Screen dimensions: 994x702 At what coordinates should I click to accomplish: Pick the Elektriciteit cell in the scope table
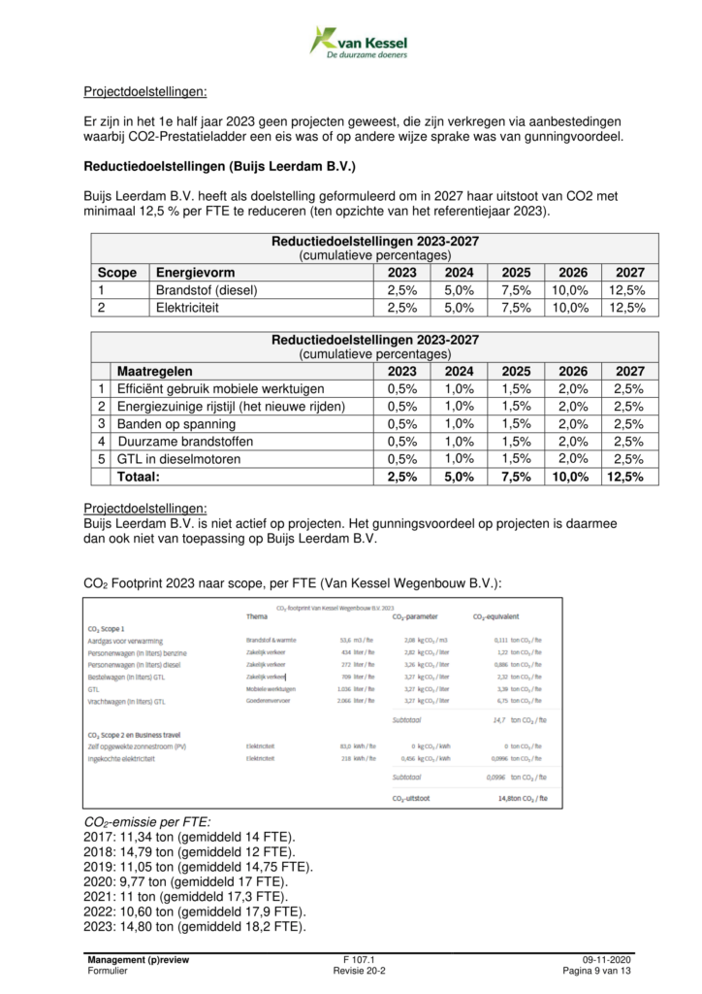(190, 308)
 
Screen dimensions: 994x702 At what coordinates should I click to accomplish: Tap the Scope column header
(118, 273)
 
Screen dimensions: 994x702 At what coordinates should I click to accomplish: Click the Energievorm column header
(195, 273)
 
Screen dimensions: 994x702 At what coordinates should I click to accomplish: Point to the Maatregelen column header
(154, 371)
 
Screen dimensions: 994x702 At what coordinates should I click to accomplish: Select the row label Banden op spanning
(175, 424)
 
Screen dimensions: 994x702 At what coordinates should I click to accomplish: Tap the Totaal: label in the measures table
(139, 477)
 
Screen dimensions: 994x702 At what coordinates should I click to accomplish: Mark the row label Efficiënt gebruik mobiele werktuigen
(219, 389)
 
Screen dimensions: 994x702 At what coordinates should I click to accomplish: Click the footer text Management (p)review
(138, 959)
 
